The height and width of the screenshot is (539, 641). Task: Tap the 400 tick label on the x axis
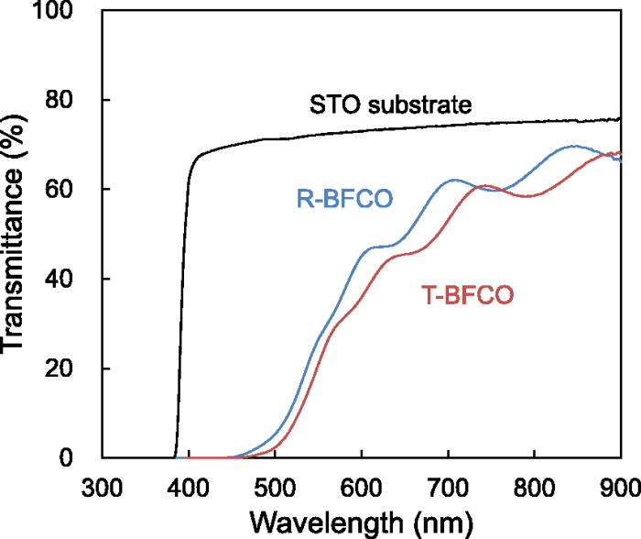coord(189,485)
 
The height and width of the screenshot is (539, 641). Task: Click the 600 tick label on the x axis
coord(361,485)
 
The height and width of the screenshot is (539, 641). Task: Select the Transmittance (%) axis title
coord(18,234)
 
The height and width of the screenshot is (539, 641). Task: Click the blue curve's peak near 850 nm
coord(574,146)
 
